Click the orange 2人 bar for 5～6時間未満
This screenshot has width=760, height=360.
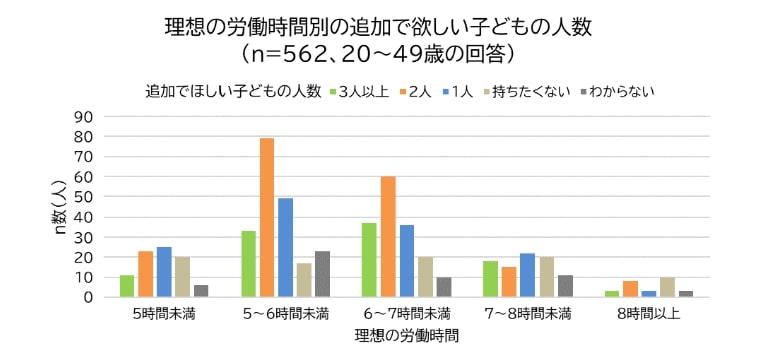pyautogui.click(x=267, y=218)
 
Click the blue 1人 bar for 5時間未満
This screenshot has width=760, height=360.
pyautogui.click(x=165, y=272)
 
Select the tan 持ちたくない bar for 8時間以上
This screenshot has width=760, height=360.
pyautogui.click(x=667, y=287)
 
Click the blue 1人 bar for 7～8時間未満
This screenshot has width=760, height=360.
pyautogui.click(x=527, y=275)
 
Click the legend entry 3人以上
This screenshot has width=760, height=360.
pyautogui.click(x=360, y=91)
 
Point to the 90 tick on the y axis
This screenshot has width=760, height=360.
pyautogui.click(x=84, y=117)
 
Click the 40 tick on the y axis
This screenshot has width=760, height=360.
pyautogui.click(x=84, y=217)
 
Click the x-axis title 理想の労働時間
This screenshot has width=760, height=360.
pyautogui.click(x=406, y=336)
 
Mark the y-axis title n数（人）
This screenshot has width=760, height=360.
pyautogui.click(x=60, y=208)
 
